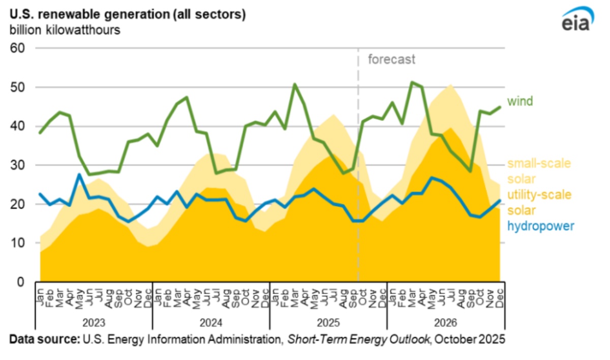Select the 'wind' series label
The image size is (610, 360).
tap(520, 101)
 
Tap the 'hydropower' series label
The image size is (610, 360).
tap(540, 225)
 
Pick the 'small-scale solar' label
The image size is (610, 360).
tap(539, 171)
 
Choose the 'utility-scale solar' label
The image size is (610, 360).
tap(539, 202)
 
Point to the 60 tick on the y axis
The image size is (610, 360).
tap(19, 48)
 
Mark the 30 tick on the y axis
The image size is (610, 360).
tap(19, 165)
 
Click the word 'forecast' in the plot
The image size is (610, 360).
tap(391, 59)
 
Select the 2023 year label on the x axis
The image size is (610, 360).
tap(94, 322)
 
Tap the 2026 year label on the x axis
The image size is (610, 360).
tap(445, 322)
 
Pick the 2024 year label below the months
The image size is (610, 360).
tap(210, 322)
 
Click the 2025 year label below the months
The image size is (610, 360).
tap(328, 322)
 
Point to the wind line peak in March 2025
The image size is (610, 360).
tap(294, 84)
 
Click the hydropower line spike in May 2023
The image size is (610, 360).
tap(80, 174)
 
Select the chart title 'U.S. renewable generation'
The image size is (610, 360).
tap(128, 14)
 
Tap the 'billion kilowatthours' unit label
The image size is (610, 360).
tap(65, 29)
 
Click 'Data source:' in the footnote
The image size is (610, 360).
tap(43, 340)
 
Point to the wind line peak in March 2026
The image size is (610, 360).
tap(412, 82)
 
